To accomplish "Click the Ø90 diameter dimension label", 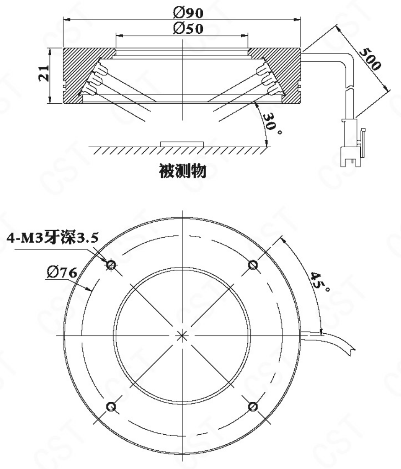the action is [188, 12].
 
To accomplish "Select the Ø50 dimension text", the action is [188, 28].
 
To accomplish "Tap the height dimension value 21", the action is [44, 73].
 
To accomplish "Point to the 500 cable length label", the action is [369, 59].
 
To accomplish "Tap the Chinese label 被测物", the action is [183, 171].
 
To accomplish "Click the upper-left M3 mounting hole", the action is [111, 264].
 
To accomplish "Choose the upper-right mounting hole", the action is [253, 264].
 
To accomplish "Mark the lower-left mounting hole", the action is [111, 406].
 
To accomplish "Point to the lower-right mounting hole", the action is [253, 406].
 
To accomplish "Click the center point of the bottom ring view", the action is [182, 336].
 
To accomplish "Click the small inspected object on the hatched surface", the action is [182, 144].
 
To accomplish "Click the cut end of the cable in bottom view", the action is [352, 350].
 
